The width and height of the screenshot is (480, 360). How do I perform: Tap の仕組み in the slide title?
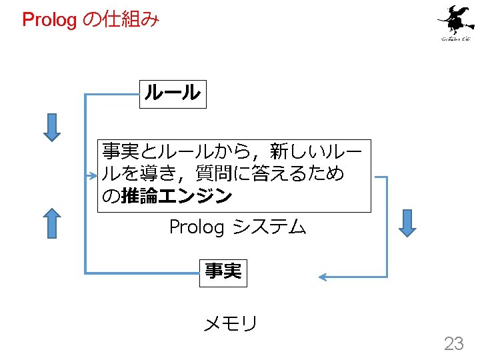point(121,20)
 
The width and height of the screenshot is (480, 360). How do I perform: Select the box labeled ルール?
point(173,93)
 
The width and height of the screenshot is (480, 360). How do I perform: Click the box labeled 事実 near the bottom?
point(223,272)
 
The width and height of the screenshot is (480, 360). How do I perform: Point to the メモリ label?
point(230,324)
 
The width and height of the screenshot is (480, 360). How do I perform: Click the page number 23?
point(454,343)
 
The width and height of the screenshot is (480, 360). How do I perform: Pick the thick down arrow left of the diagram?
point(52,128)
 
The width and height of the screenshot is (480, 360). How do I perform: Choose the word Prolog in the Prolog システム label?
point(197,228)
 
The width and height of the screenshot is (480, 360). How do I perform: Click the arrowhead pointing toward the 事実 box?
point(323,276)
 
